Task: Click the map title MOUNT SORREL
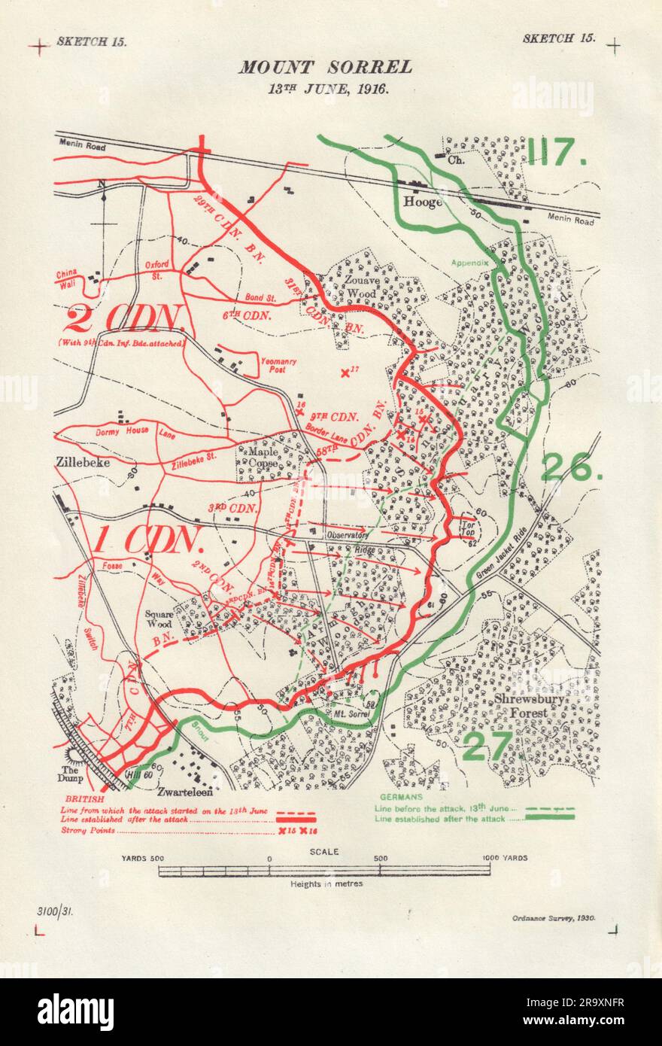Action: pyautogui.click(x=326, y=67)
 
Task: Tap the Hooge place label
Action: pyautogui.click(x=422, y=202)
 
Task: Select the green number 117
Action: pyautogui.click(x=556, y=153)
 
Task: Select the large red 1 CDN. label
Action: pyautogui.click(x=149, y=540)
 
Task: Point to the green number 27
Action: pyautogui.click(x=487, y=746)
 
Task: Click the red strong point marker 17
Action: pyautogui.click(x=345, y=372)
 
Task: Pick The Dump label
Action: pyautogui.click(x=71, y=775)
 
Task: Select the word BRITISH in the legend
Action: pyautogui.click(x=84, y=798)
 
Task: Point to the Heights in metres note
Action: pyautogui.click(x=326, y=883)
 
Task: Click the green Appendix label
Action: pyautogui.click(x=470, y=263)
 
